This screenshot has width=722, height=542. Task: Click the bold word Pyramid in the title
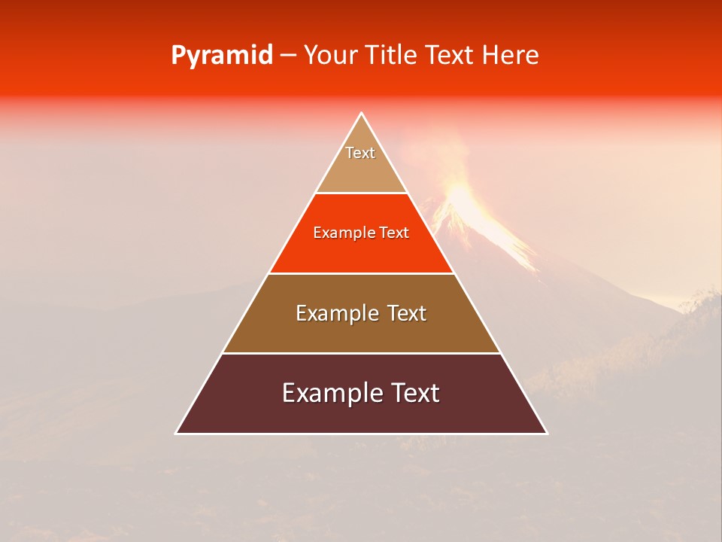221,55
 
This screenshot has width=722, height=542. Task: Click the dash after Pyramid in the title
289,56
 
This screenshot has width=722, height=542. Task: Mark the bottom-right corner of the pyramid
546,433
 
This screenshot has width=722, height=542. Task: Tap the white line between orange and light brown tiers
361,273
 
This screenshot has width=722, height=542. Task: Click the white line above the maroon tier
361,353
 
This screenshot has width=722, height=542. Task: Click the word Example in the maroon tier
326,393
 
